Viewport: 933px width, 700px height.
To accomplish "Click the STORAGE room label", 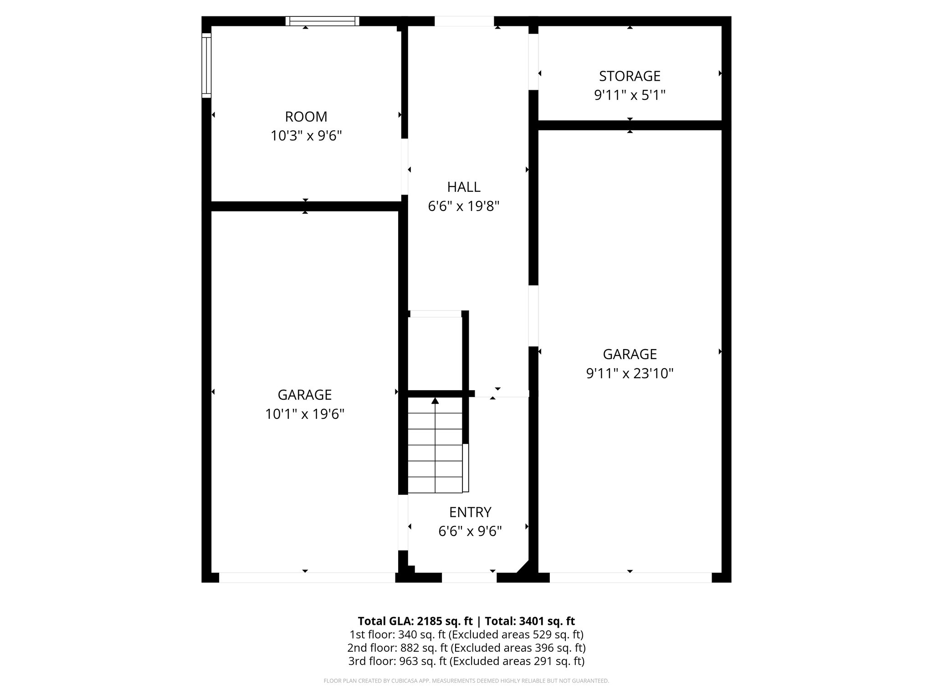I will pyautogui.click(x=630, y=76).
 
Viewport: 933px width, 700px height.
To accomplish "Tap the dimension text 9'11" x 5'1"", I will pyautogui.click(x=630, y=95).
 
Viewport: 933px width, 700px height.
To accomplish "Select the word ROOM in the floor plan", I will pyautogui.click(x=306, y=117).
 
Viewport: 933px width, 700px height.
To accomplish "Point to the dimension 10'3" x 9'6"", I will pyautogui.click(x=306, y=136).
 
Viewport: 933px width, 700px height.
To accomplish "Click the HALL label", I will pyautogui.click(x=464, y=187).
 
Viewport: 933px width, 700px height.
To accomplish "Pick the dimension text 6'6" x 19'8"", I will pyautogui.click(x=464, y=206).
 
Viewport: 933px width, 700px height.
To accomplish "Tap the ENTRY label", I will pyautogui.click(x=470, y=512).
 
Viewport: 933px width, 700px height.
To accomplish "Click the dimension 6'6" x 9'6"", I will pyautogui.click(x=470, y=531).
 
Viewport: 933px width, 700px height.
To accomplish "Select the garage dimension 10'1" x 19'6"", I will pyautogui.click(x=304, y=414).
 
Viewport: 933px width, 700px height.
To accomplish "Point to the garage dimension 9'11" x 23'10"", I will pyautogui.click(x=630, y=374).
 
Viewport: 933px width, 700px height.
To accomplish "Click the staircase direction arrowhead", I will pyautogui.click(x=435, y=401).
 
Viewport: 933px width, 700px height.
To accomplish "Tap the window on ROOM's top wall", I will pyautogui.click(x=322, y=21).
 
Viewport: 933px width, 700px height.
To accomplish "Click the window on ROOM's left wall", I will pyautogui.click(x=206, y=65).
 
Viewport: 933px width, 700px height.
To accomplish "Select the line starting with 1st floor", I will pyautogui.click(x=466, y=634).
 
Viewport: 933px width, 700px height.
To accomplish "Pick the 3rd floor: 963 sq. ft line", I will pyautogui.click(x=466, y=661).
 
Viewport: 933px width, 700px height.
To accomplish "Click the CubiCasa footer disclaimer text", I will pyautogui.click(x=466, y=681).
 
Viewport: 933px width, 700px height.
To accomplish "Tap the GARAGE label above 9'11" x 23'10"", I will pyautogui.click(x=630, y=354).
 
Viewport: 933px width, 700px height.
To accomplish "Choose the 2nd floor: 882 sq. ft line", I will pyautogui.click(x=466, y=648).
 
